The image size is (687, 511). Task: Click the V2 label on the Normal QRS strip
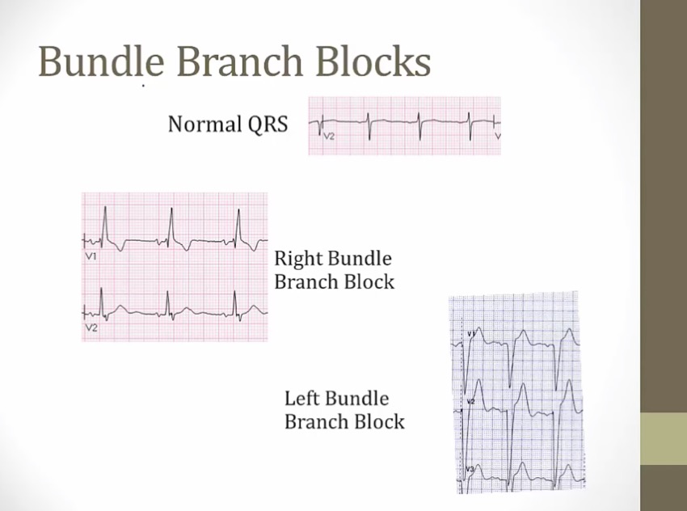click(329, 137)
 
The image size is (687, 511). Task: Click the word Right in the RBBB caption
click(299, 260)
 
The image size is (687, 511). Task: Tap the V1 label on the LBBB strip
click(470, 333)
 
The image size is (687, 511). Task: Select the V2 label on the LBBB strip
click(470, 400)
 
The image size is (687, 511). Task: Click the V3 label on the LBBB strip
click(470, 469)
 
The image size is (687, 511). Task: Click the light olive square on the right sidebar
click(664, 438)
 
